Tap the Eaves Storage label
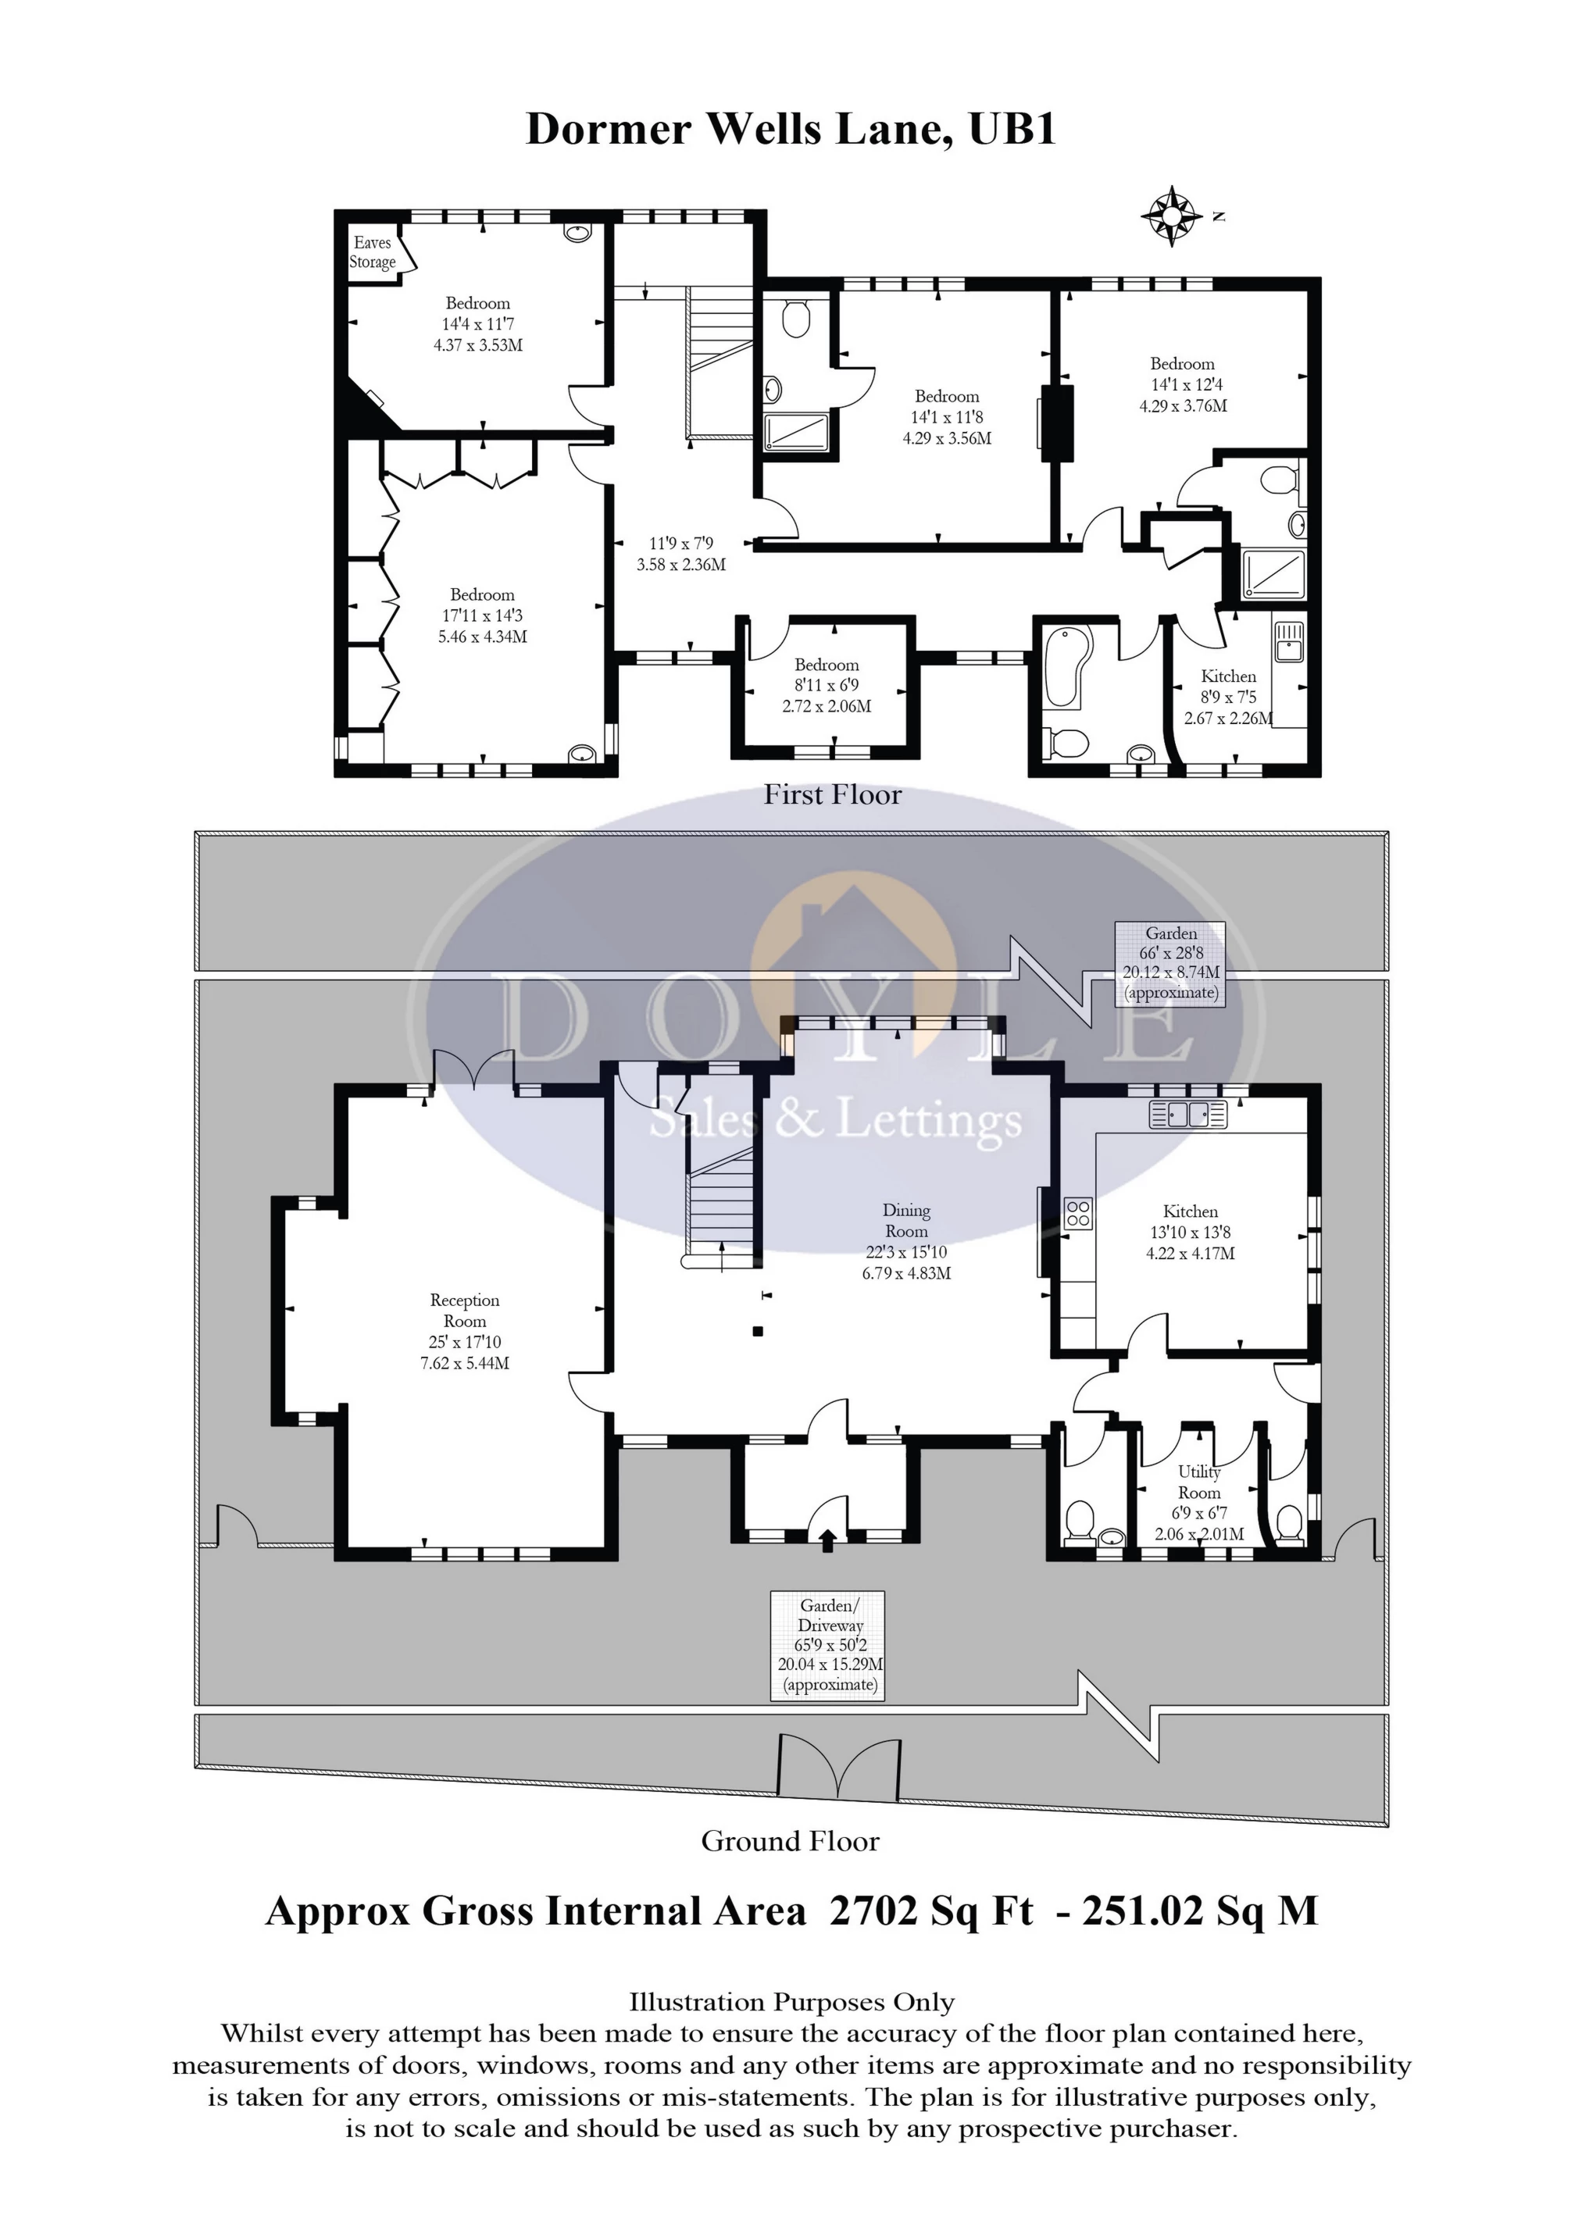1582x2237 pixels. (373, 252)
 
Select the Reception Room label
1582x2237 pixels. (465, 1311)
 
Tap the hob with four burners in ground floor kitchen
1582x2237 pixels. (1079, 1213)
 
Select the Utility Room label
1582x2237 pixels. (1199, 1482)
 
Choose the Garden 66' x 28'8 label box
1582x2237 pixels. (1170, 962)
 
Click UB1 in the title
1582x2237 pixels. (1012, 129)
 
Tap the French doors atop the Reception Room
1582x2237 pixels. (473, 1069)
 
